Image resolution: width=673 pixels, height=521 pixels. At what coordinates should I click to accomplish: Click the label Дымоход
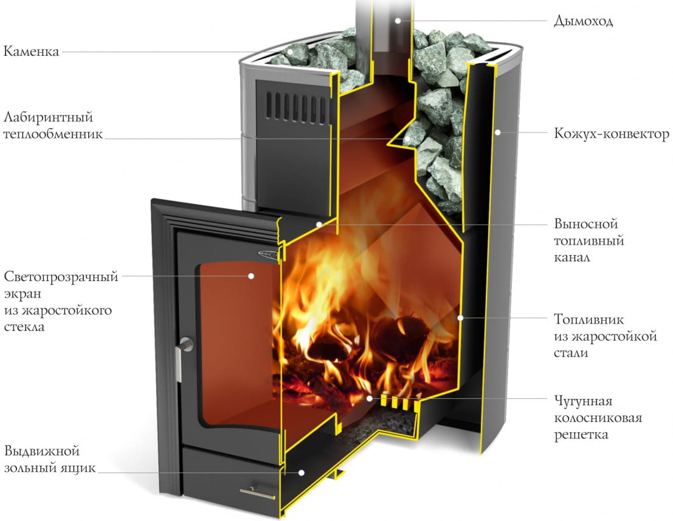583,21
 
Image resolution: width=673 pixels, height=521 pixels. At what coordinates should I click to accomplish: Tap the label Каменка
32,51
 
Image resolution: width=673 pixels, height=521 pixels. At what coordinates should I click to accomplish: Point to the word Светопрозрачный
61,277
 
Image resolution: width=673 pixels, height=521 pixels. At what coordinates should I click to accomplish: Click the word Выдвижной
42,452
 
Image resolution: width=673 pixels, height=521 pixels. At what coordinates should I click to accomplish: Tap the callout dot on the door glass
250,276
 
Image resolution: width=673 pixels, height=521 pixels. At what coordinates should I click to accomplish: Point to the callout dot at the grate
370,398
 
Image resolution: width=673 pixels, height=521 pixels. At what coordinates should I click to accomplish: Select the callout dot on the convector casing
497,132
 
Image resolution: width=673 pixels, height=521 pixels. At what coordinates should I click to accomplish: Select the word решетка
581,435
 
